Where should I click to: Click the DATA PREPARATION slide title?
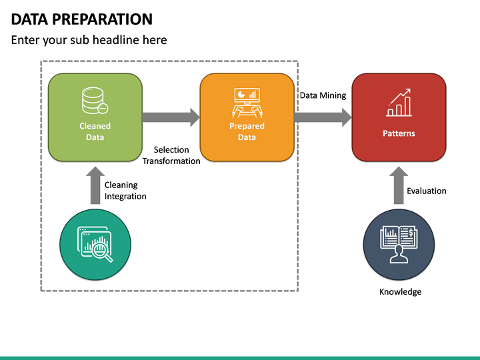[x=82, y=19]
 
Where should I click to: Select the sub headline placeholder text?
[x=89, y=40]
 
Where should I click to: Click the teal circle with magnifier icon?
[x=95, y=244]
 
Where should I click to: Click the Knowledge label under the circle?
[x=400, y=291]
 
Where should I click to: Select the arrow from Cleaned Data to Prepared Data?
[x=171, y=117]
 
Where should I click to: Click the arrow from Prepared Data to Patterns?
[x=323, y=117]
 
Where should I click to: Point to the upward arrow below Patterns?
[x=398, y=185]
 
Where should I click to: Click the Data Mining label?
[x=323, y=95]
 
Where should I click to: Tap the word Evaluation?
[x=427, y=191]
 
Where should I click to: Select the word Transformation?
[x=171, y=161]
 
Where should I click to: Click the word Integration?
[x=125, y=196]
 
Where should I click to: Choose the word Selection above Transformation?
[x=171, y=150]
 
